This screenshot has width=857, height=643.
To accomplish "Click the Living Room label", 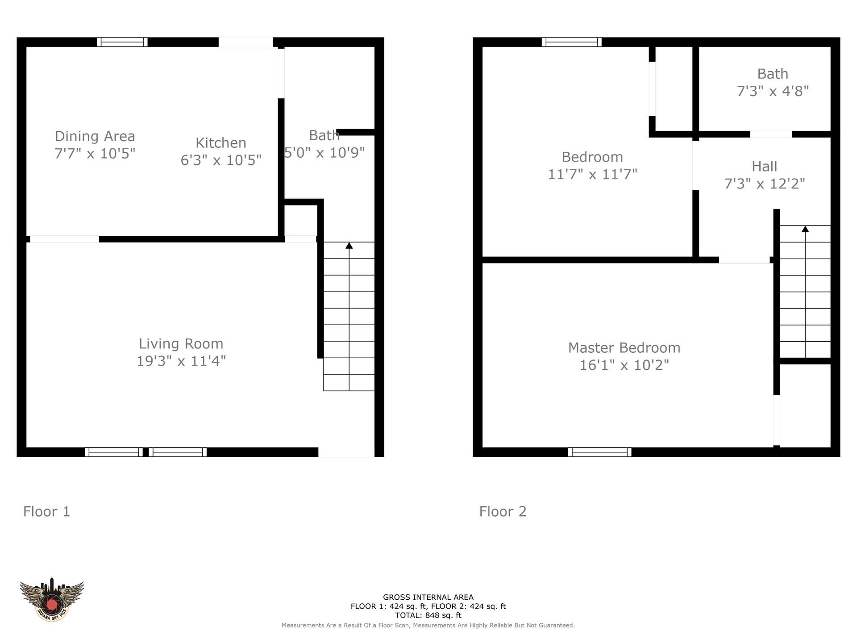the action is coord(181,344).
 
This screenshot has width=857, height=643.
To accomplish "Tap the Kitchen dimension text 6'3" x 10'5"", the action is coord(221,160).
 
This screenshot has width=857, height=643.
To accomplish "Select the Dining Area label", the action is coord(95,137).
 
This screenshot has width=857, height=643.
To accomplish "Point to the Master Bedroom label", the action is coord(624,348).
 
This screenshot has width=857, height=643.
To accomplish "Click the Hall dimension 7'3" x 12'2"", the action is coord(765,184).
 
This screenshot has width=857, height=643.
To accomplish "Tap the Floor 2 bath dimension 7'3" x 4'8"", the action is coord(773,91).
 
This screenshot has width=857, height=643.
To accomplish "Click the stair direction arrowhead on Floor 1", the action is coord(349,246).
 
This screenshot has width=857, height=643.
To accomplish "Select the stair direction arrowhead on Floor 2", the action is coord(805,229).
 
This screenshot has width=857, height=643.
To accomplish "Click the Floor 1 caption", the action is coord(46,512).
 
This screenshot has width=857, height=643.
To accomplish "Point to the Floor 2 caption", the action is coord(503,512).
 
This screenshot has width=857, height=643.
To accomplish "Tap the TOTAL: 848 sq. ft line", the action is coord(428,615).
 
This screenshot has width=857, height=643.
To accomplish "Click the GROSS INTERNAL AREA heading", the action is coord(428,597).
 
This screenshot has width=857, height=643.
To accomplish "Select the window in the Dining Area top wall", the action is coord(122,42).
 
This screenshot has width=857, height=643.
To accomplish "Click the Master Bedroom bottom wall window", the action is coord(599,452).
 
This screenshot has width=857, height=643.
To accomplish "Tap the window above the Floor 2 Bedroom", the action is coord(572,42).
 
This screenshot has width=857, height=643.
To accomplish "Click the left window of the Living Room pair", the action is coord(114,452).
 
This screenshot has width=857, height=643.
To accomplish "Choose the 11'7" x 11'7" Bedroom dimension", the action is coord(592,174).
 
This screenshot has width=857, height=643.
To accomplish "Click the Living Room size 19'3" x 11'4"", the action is coord(181,361).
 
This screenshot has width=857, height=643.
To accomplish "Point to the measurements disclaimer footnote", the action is coord(428,626).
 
